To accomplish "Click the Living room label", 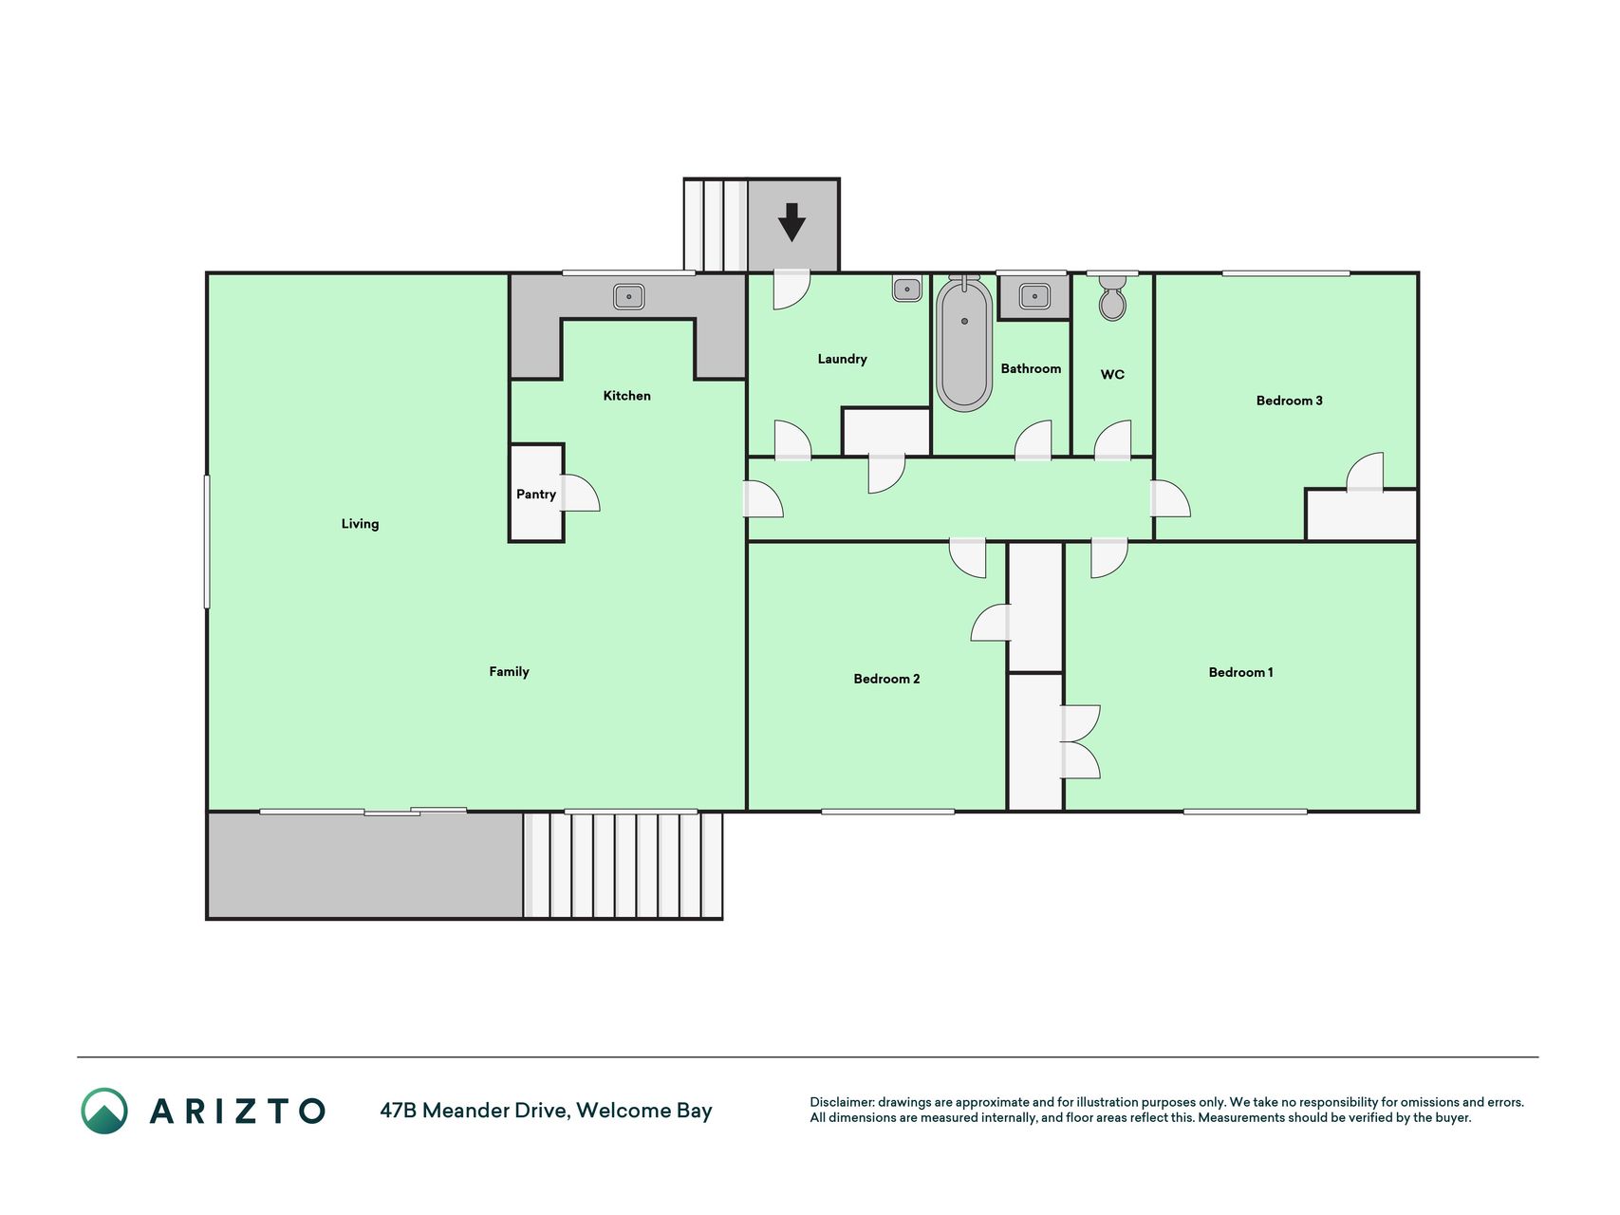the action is click(360, 524).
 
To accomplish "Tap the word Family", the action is click(509, 672).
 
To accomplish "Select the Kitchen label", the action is click(627, 396).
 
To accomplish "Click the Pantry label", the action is click(536, 495).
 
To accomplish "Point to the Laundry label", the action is click(843, 359).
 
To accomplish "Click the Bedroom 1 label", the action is click(1240, 672).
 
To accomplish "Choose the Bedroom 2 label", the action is click(886, 679).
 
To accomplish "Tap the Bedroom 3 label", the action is click(1289, 401).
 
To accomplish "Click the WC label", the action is click(1112, 375).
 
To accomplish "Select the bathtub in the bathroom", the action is click(964, 344).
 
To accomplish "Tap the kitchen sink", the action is click(628, 297).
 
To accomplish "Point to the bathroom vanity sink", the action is click(1033, 297).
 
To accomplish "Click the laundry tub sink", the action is click(907, 289).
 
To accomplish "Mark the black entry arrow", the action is click(791, 222).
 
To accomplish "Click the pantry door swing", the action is click(581, 494).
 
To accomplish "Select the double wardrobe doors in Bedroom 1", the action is click(1081, 742).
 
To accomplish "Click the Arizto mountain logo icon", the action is click(104, 1111).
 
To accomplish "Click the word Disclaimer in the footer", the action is click(841, 1102).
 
